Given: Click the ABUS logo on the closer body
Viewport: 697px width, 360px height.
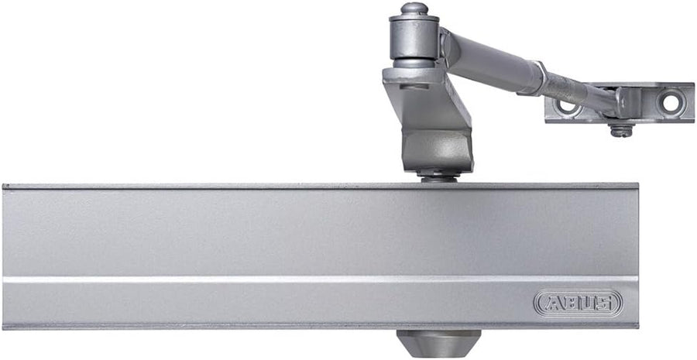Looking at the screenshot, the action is pyautogui.click(x=578, y=303).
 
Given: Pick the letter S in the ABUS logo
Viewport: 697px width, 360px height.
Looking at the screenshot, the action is pyautogui.click(x=604, y=303).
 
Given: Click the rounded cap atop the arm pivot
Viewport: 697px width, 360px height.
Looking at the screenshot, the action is pyautogui.click(x=414, y=8).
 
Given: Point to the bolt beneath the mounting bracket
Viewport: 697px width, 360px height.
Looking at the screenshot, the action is pyautogui.click(x=621, y=130).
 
